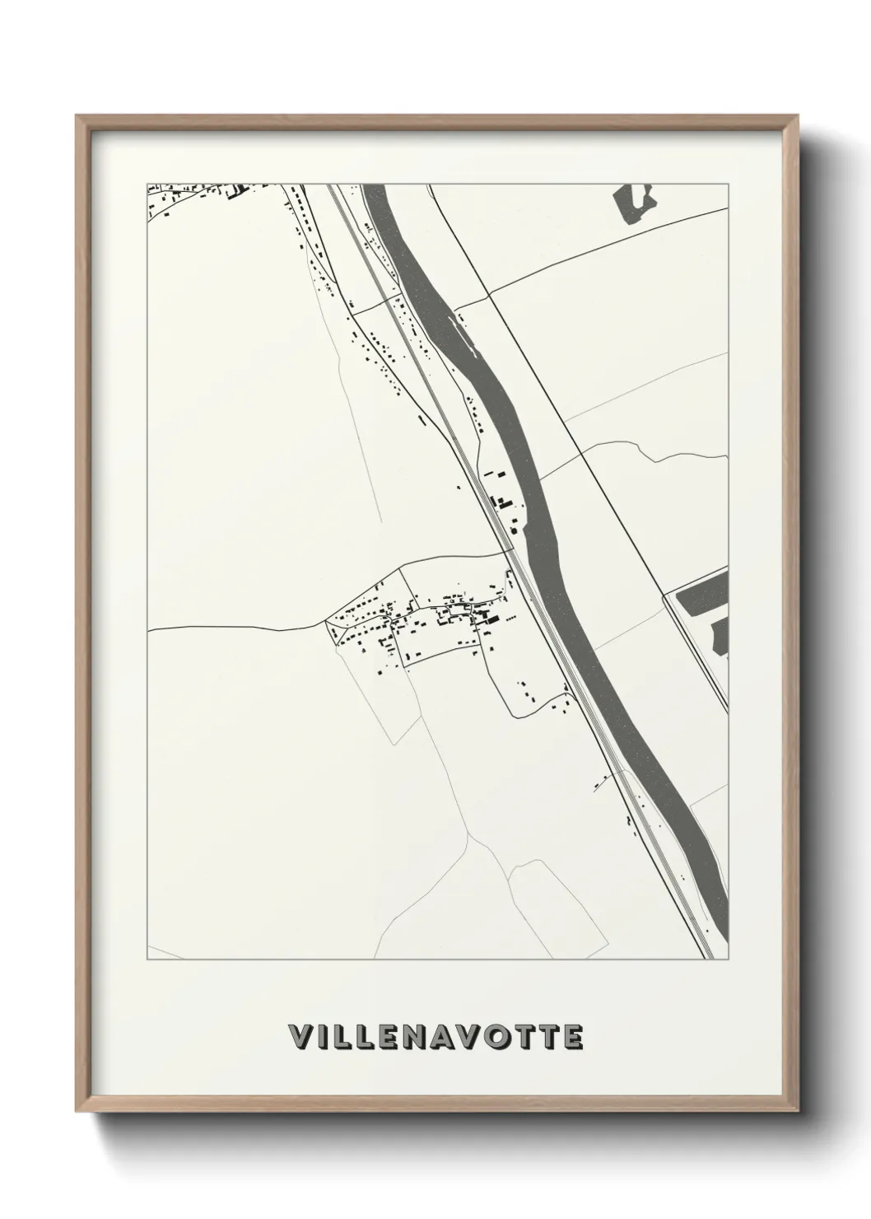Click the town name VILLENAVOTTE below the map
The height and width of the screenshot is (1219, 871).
[x=435, y=1037]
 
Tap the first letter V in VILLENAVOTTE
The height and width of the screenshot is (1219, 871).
[x=299, y=1037]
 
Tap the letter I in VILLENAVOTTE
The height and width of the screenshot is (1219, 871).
[x=322, y=1037]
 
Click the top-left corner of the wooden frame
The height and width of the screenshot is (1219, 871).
[x=78, y=118]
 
